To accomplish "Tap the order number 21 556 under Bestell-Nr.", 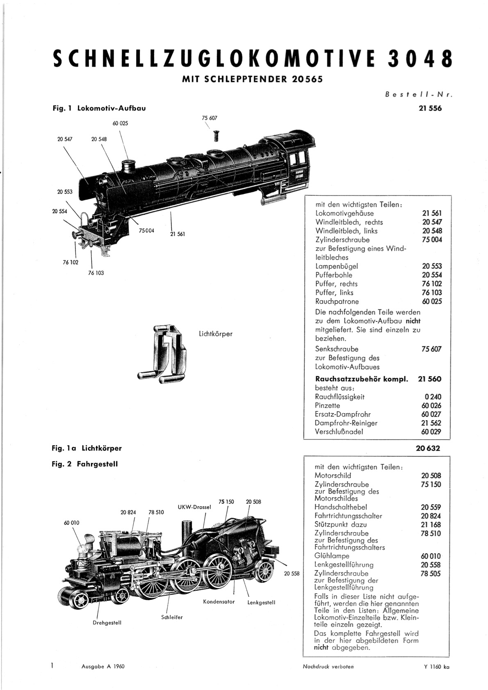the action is click(x=430, y=108).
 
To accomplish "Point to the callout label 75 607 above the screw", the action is click(x=210, y=118).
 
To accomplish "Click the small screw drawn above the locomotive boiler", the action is click(x=216, y=136).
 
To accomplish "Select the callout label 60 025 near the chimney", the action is click(x=120, y=123).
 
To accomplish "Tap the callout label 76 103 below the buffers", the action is click(x=96, y=273).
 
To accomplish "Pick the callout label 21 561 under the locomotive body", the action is click(x=178, y=234).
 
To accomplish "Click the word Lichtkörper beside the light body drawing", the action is click(x=216, y=334).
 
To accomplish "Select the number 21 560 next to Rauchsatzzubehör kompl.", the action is click(x=429, y=379).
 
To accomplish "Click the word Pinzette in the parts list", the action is click(x=328, y=405).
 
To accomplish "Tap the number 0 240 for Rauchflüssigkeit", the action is click(x=433, y=397).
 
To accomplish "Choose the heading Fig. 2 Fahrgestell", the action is click(x=85, y=464).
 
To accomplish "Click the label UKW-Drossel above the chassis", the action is click(x=194, y=507).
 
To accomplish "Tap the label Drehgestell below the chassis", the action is click(x=107, y=622).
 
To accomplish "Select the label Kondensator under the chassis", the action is click(x=219, y=601).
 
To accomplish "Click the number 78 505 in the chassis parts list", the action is click(x=431, y=574).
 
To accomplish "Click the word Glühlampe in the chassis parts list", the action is click(x=332, y=556).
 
